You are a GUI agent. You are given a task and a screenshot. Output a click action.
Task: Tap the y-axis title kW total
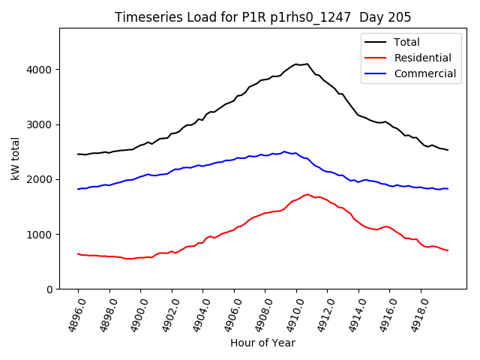[x=16, y=159]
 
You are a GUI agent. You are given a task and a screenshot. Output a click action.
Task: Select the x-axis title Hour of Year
[x=262, y=343]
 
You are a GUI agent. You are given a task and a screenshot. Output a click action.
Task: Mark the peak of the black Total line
[x=307, y=64]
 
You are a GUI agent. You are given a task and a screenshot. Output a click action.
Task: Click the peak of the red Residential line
[x=307, y=194]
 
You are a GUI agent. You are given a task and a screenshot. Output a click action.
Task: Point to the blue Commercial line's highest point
[x=284, y=151]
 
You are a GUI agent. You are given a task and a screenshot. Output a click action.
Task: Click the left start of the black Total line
[x=78, y=154]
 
